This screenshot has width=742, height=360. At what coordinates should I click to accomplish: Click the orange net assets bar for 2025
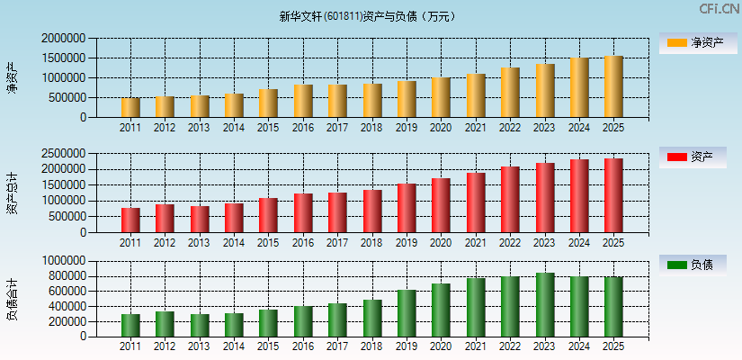click(x=613, y=86)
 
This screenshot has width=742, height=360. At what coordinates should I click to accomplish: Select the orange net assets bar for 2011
click(x=130, y=107)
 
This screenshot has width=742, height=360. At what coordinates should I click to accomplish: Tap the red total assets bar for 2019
click(x=407, y=208)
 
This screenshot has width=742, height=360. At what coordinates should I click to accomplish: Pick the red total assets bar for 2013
click(x=200, y=219)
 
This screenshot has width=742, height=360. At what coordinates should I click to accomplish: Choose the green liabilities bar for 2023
click(x=544, y=304)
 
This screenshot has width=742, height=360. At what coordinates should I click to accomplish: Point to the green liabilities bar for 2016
click(x=303, y=320)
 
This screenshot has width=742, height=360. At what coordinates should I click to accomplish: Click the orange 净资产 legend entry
click(x=698, y=42)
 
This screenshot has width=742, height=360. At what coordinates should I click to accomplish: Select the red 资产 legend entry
click(x=698, y=157)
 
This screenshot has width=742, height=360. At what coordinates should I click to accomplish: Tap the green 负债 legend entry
click(x=698, y=265)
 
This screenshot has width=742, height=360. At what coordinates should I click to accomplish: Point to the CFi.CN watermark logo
click(x=719, y=9)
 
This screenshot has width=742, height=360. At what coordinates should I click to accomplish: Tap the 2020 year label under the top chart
click(x=441, y=128)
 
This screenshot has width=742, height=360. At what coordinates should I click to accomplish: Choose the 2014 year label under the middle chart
click(x=234, y=243)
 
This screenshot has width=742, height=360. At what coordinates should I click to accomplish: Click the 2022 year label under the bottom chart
click(x=510, y=346)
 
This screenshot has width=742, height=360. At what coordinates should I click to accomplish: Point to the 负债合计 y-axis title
click(x=12, y=299)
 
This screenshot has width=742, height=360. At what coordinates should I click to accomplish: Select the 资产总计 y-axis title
click(x=12, y=193)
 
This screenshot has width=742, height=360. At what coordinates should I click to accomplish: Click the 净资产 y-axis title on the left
click(x=12, y=77)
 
